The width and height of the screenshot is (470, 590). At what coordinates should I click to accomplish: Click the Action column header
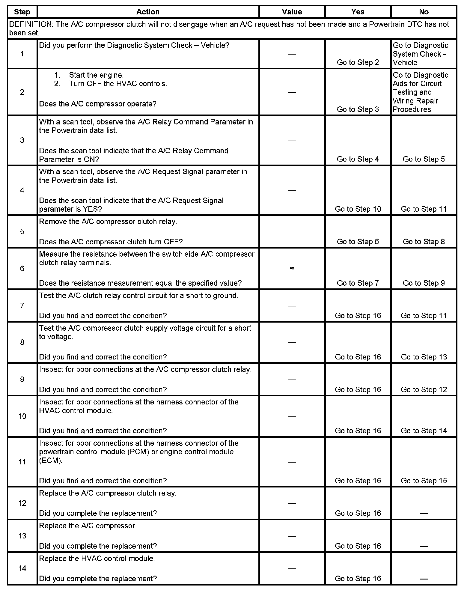coord(148,12)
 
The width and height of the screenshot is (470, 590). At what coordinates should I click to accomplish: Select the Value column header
coord(292,12)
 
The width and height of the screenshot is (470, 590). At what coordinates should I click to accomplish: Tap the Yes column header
coord(358,12)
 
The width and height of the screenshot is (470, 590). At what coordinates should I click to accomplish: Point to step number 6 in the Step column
coord(22,268)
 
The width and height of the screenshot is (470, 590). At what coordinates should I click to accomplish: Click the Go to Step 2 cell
coord(358,62)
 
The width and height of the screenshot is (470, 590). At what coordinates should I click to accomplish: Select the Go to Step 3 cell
coord(358,109)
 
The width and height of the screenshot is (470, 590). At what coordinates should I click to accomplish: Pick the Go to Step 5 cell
coord(424,159)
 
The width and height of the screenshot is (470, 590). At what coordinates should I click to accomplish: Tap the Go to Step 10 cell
coord(358,209)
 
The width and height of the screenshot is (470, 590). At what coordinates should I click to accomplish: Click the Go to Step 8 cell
coord(424,242)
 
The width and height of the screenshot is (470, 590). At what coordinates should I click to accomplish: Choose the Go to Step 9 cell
coord(424,283)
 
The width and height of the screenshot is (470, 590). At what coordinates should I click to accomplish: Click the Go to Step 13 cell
coord(424,357)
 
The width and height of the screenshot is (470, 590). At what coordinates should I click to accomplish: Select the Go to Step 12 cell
coord(424,389)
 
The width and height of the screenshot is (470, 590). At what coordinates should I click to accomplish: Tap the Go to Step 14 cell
coord(424,431)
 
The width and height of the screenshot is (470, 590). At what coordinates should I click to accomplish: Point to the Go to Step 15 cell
coord(424,481)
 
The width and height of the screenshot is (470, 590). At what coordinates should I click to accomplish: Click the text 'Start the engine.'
coord(96,75)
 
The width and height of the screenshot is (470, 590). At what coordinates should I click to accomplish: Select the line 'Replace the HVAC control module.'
coord(97,559)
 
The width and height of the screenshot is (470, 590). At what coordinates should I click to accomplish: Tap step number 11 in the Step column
coord(22,462)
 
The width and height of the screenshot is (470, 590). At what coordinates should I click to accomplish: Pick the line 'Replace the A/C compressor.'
coord(88,526)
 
